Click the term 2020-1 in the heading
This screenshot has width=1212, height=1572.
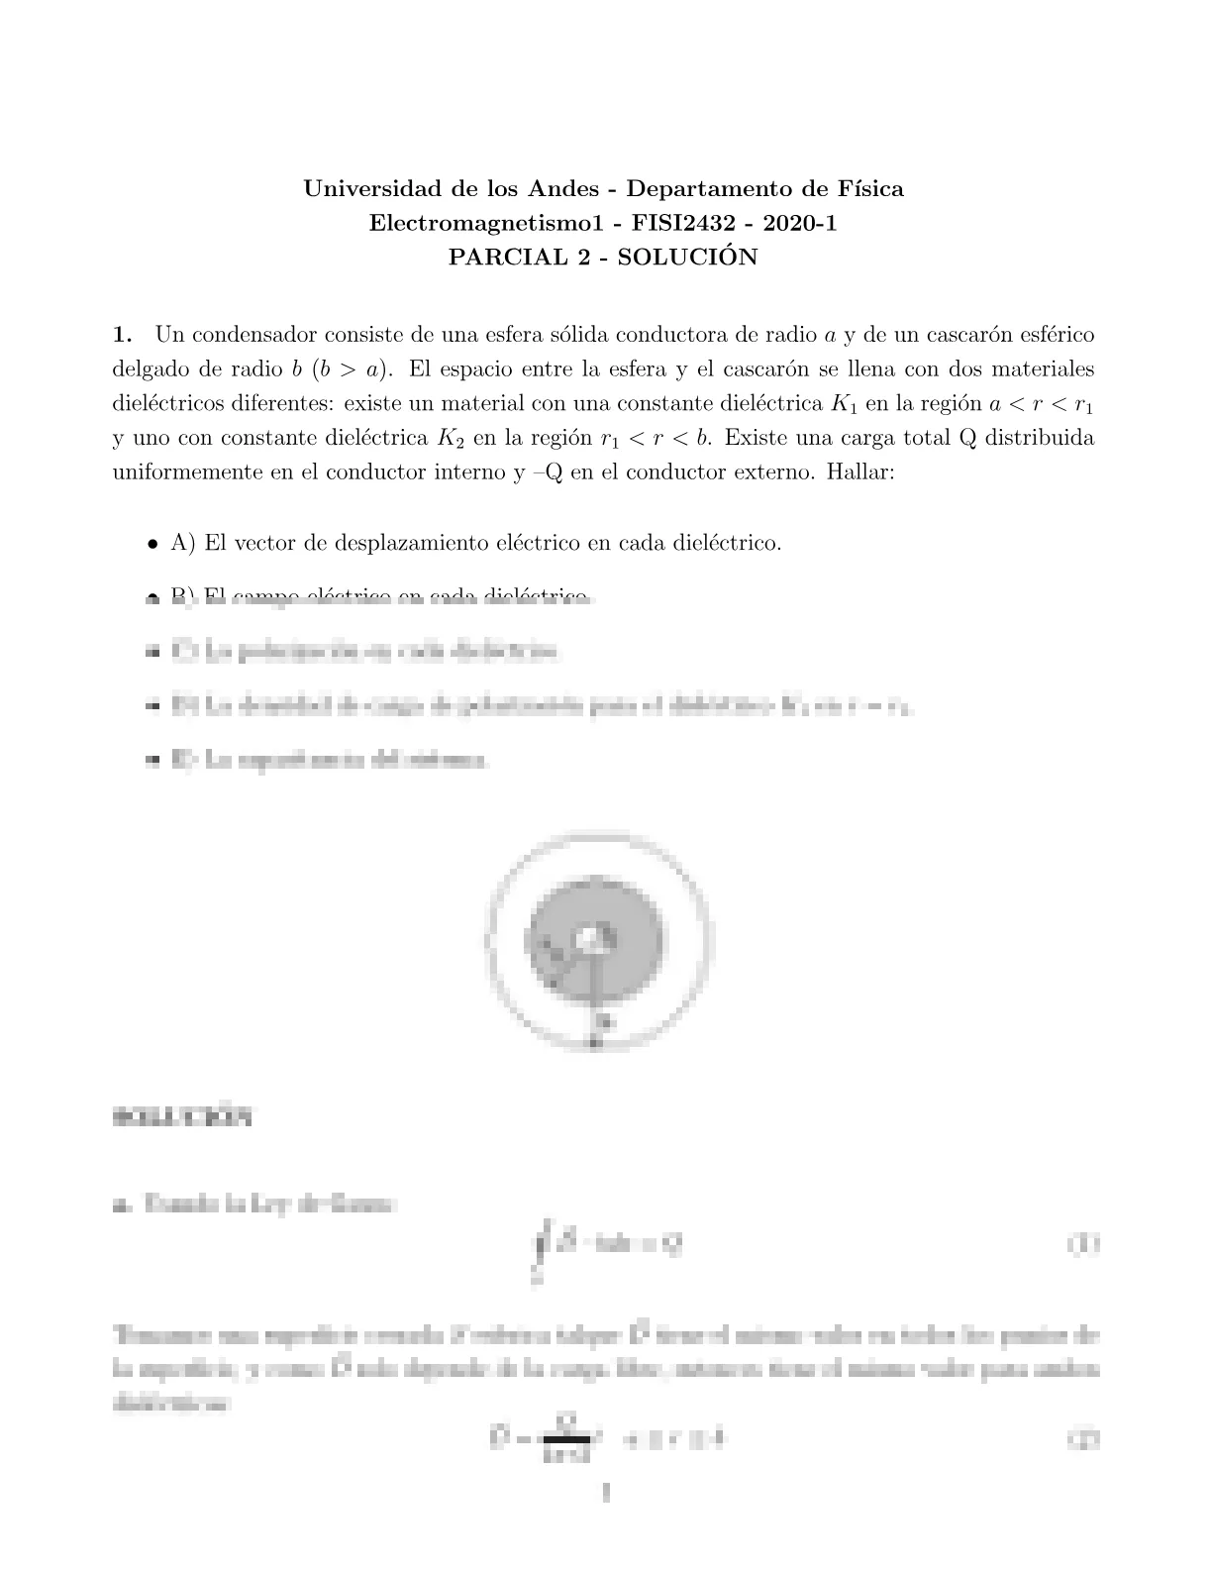[x=804, y=223]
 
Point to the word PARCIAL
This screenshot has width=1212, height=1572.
[x=497, y=258]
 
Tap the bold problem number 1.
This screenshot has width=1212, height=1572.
[x=123, y=335]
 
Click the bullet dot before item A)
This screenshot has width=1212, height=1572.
[x=152, y=544]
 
